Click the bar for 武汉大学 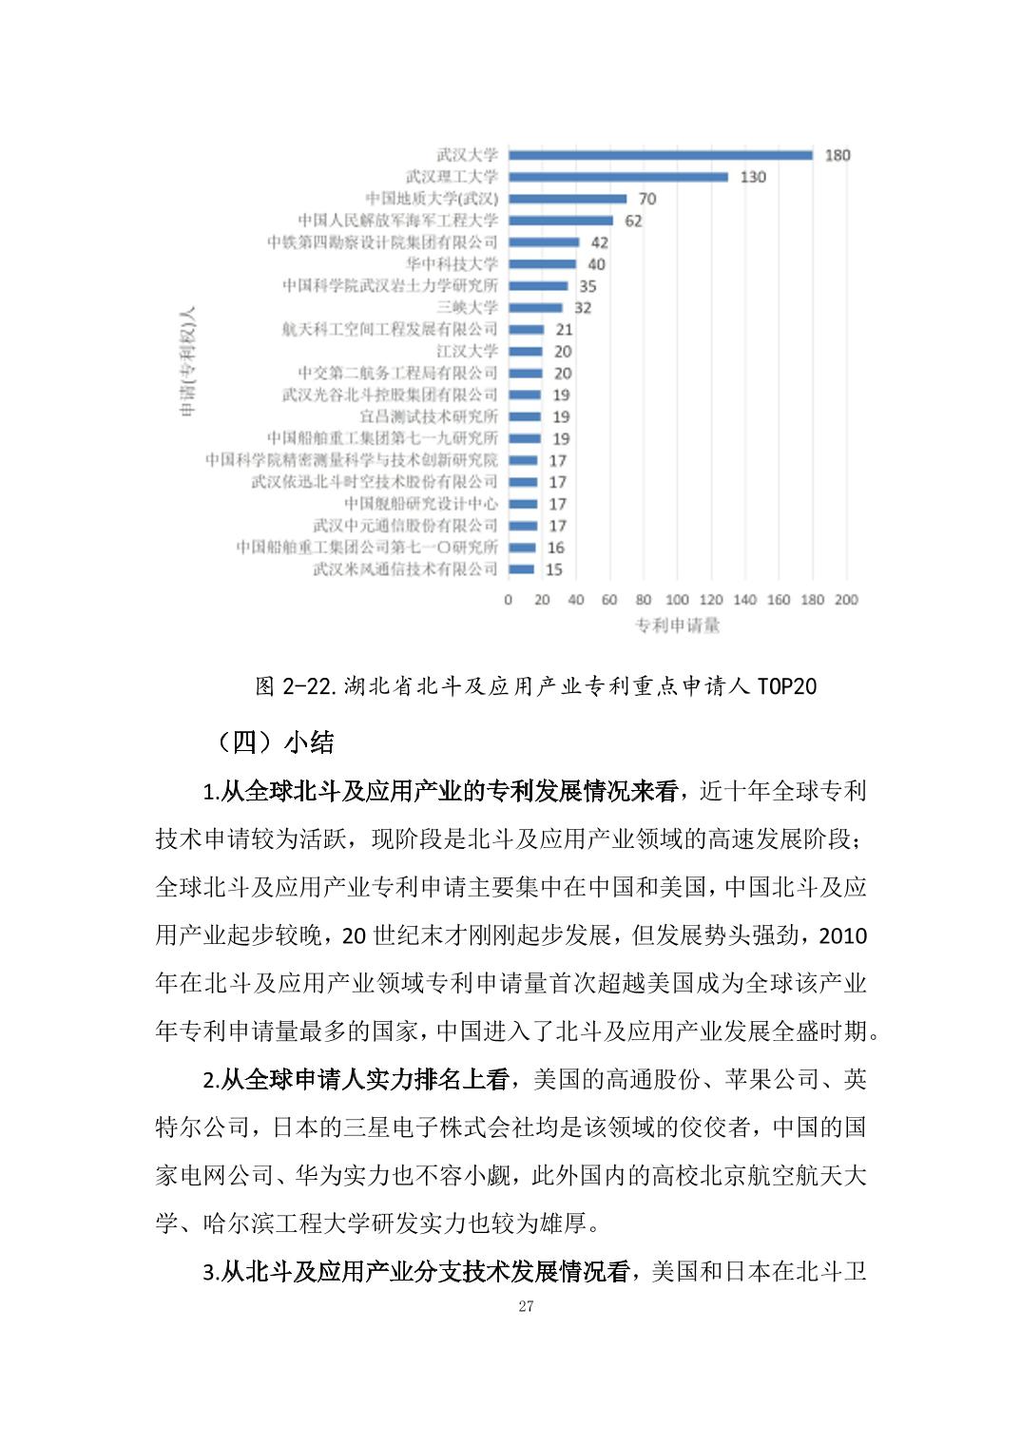point(661,155)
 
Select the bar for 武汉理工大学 point(618,177)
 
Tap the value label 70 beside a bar point(646,199)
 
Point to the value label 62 point(633,221)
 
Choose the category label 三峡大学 point(467,307)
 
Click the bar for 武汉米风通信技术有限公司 point(521,569)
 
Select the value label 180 point(837,155)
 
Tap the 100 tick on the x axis point(677,600)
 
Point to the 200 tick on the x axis point(845,600)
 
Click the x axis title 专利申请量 point(677,626)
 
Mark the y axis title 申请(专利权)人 point(187,361)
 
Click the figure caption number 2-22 point(309,686)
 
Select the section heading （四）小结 point(276,742)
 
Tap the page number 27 point(526,1307)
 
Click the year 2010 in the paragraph point(842,936)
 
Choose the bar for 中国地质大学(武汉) point(568,199)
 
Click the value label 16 point(555,548)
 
